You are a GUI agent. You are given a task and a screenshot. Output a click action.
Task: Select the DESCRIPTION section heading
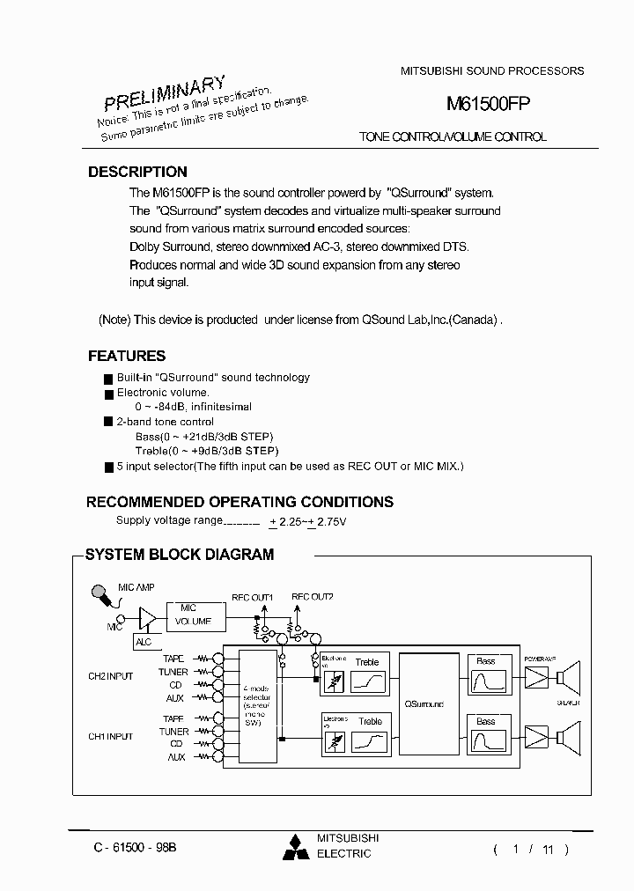point(137,173)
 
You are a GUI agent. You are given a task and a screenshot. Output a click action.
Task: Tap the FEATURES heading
point(127,357)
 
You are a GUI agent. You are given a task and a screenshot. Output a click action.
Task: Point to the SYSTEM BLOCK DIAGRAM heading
point(179,555)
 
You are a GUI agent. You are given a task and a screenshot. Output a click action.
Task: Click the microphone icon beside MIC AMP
point(102,598)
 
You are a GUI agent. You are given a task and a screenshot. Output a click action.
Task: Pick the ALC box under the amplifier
point(144,642)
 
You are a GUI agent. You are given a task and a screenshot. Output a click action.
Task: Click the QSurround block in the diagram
point(424,704)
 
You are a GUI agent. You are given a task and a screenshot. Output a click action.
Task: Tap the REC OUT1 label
point(252,597)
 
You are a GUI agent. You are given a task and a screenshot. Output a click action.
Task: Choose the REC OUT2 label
point(312,597)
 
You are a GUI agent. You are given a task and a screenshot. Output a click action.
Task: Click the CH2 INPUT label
point(110,676)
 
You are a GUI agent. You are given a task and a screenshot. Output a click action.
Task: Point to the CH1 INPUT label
point(110,736)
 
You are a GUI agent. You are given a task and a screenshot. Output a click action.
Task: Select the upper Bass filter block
point(486,675)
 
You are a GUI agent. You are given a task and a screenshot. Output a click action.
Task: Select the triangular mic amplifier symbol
point(147,620)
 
